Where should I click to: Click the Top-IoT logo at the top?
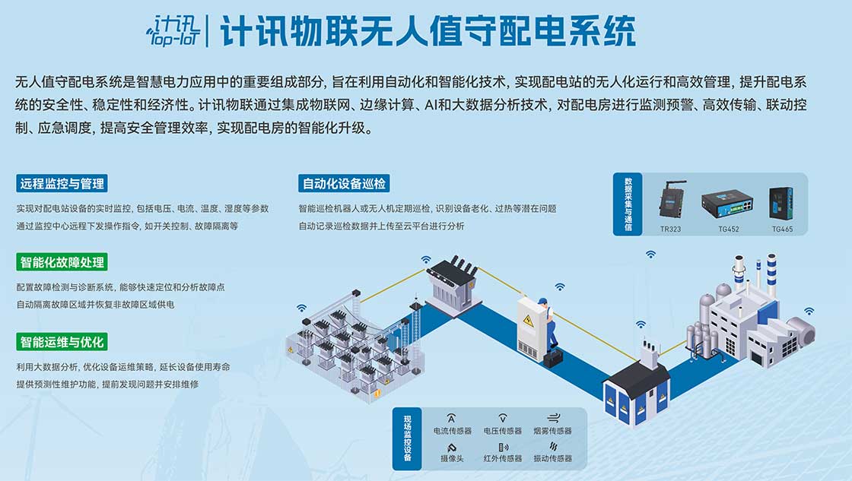173,30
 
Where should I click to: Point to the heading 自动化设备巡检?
345,183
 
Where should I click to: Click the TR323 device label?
671,228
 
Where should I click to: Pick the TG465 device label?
782,228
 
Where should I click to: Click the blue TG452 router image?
726,201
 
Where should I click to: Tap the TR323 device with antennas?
671,200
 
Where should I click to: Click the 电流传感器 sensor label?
452,431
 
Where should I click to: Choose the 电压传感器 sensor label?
503,431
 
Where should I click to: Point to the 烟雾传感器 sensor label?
552,431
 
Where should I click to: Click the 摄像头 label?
452,458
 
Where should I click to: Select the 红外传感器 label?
503,458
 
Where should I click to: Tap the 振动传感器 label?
552,458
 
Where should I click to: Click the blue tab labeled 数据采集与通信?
628,204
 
